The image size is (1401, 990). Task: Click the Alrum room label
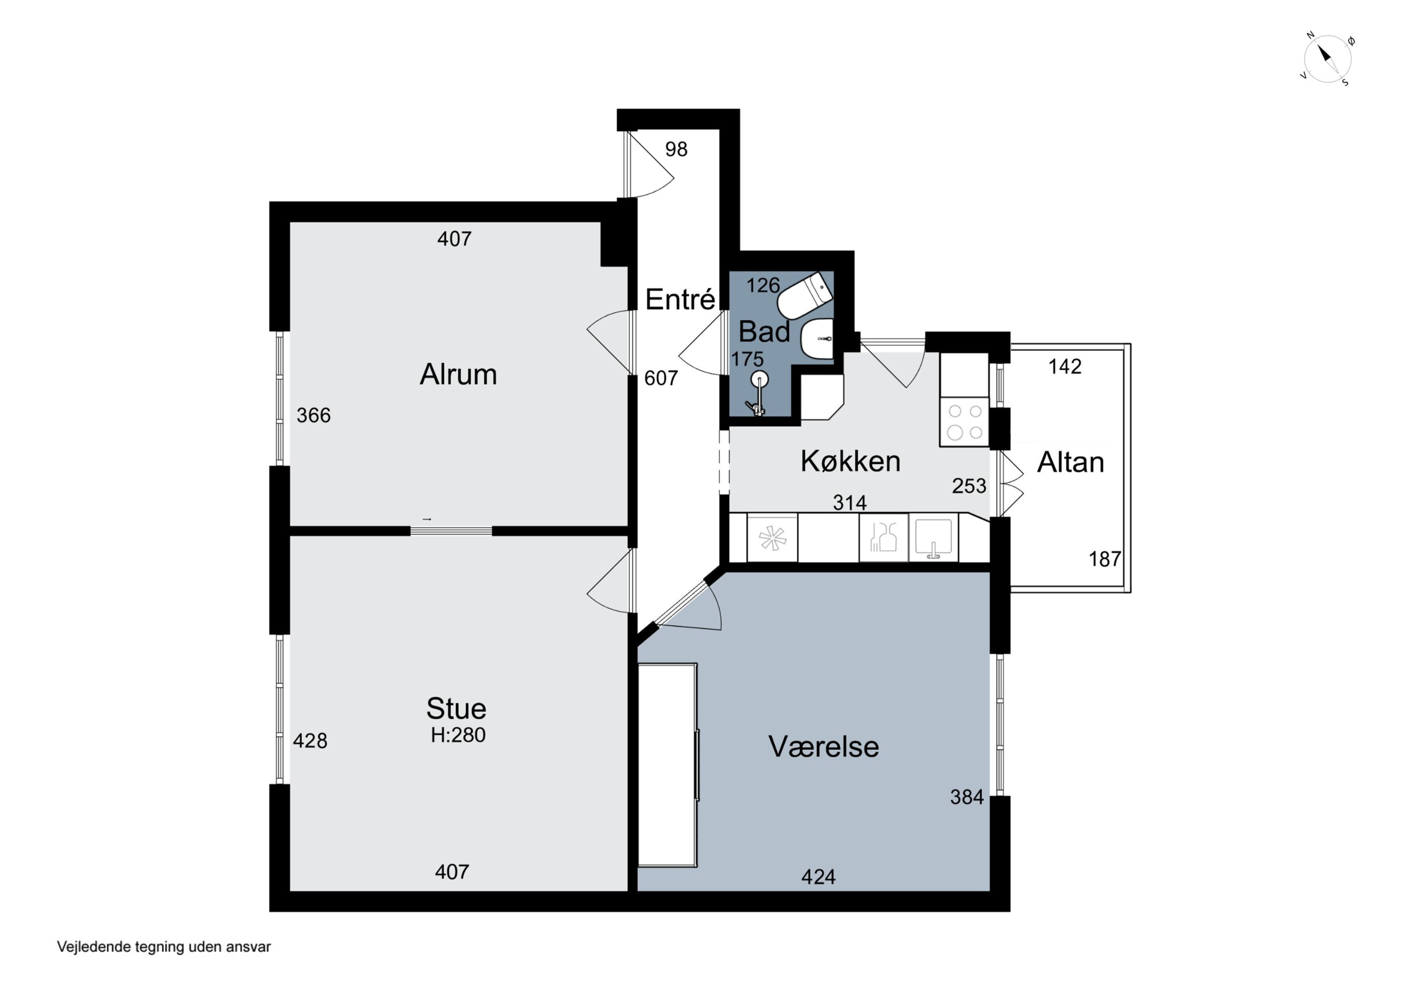pos(458,374)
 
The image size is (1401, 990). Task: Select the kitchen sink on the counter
pos(933,538)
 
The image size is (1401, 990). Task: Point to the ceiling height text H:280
pos(458,735)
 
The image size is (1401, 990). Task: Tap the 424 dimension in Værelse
pos(818,877)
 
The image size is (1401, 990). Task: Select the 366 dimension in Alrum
pos(314,415)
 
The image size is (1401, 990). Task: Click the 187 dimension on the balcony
pos(1105,559)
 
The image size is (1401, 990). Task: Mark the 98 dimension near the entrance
pos(676,149)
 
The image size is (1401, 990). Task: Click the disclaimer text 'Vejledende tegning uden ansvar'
pos(163,947)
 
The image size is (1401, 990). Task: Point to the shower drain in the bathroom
pos(759,379)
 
